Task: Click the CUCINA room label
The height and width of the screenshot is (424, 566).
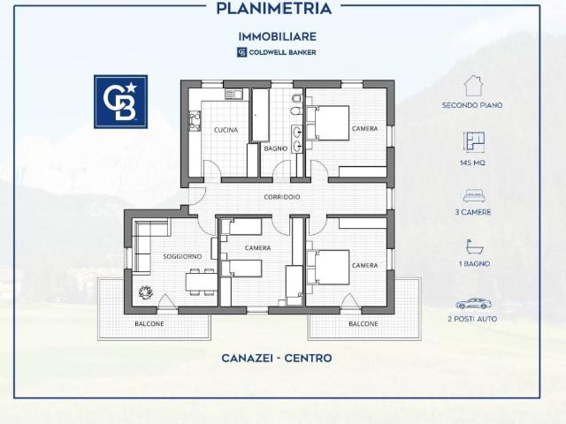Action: [x=226, y=130]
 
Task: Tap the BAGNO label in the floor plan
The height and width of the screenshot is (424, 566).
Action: [x=276, y=148]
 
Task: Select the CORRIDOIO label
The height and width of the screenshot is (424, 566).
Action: [x=282, y=197]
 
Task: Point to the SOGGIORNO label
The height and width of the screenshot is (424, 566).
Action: [x=182, y=256]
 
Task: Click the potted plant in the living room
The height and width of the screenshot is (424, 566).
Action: [x=145, y=291]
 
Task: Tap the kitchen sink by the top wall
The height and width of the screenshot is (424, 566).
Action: [x=233, y=95]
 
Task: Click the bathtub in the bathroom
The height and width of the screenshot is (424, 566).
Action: [x=260, y=115]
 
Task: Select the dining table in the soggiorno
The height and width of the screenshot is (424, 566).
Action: [x=202, y=282]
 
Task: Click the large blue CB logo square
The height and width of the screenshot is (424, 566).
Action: [x=120, y=102]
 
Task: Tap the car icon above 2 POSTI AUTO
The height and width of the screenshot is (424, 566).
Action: [x=472, y=304]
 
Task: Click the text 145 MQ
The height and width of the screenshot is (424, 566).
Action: [x=472, y=163]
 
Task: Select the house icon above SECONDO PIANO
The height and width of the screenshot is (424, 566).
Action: [x=473, y=86]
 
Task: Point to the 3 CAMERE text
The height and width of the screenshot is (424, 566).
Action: [x=473, y=212]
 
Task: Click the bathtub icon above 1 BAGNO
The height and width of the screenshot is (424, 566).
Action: [x=474, y=247]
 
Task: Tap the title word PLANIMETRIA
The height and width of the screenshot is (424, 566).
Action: [x=273, y=9]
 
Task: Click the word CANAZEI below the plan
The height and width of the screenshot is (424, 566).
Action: [x=246, y=358]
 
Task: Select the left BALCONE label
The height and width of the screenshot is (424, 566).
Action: [x=149, y=324]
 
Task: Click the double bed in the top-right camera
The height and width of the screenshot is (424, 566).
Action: [x=328, y=123]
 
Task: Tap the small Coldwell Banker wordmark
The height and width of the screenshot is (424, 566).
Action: [x=282, y=52]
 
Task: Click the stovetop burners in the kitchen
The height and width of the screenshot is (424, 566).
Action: [x=195, y=122]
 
